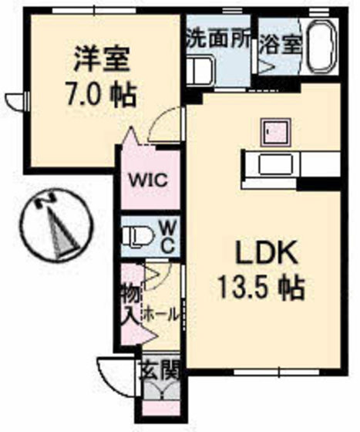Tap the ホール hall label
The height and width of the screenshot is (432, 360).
tap(161, 315)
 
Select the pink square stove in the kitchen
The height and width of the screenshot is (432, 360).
tap(274, 132)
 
